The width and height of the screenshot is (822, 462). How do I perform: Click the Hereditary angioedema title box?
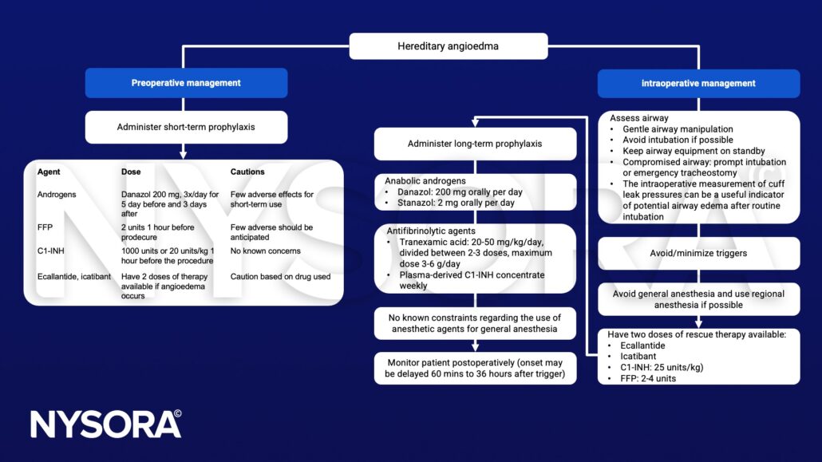click(x=448, y=46)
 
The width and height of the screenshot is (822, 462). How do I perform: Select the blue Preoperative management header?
click(x=186, y=83)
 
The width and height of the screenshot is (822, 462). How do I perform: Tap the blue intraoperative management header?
click(x=698, y=83)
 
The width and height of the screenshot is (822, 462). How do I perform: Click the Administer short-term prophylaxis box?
click(x=186, y=127)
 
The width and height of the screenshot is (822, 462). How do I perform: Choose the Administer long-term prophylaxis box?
click(x=475, y=144)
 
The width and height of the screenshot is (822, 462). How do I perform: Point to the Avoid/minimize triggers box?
click(x=698, y=253)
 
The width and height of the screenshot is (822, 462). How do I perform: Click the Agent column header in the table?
click(x=49, y=172)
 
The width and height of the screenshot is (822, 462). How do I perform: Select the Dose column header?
click(x=132, y=172)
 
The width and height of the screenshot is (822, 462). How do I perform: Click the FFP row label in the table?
click(x=46, y=227)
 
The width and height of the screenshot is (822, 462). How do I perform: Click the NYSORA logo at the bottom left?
click(x=105, y=424)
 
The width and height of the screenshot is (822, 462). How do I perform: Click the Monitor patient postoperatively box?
click(x=475, y=368)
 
